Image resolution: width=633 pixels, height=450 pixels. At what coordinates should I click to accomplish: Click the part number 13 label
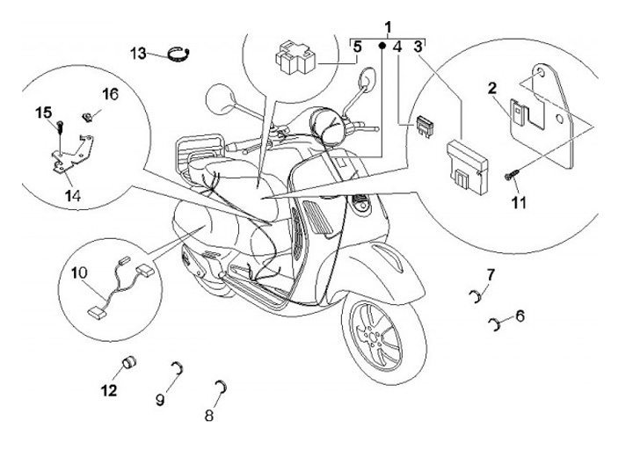pos(139,53)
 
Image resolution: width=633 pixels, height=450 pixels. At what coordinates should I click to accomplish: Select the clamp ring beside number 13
pos(180,55)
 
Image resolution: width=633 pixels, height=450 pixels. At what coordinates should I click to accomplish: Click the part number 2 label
pos(492,88)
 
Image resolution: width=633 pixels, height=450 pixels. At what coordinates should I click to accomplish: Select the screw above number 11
pos(510,178)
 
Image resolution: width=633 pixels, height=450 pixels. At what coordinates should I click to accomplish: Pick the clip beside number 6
pos(498,326)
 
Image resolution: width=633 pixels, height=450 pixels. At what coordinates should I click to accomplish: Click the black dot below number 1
pos(382,44)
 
